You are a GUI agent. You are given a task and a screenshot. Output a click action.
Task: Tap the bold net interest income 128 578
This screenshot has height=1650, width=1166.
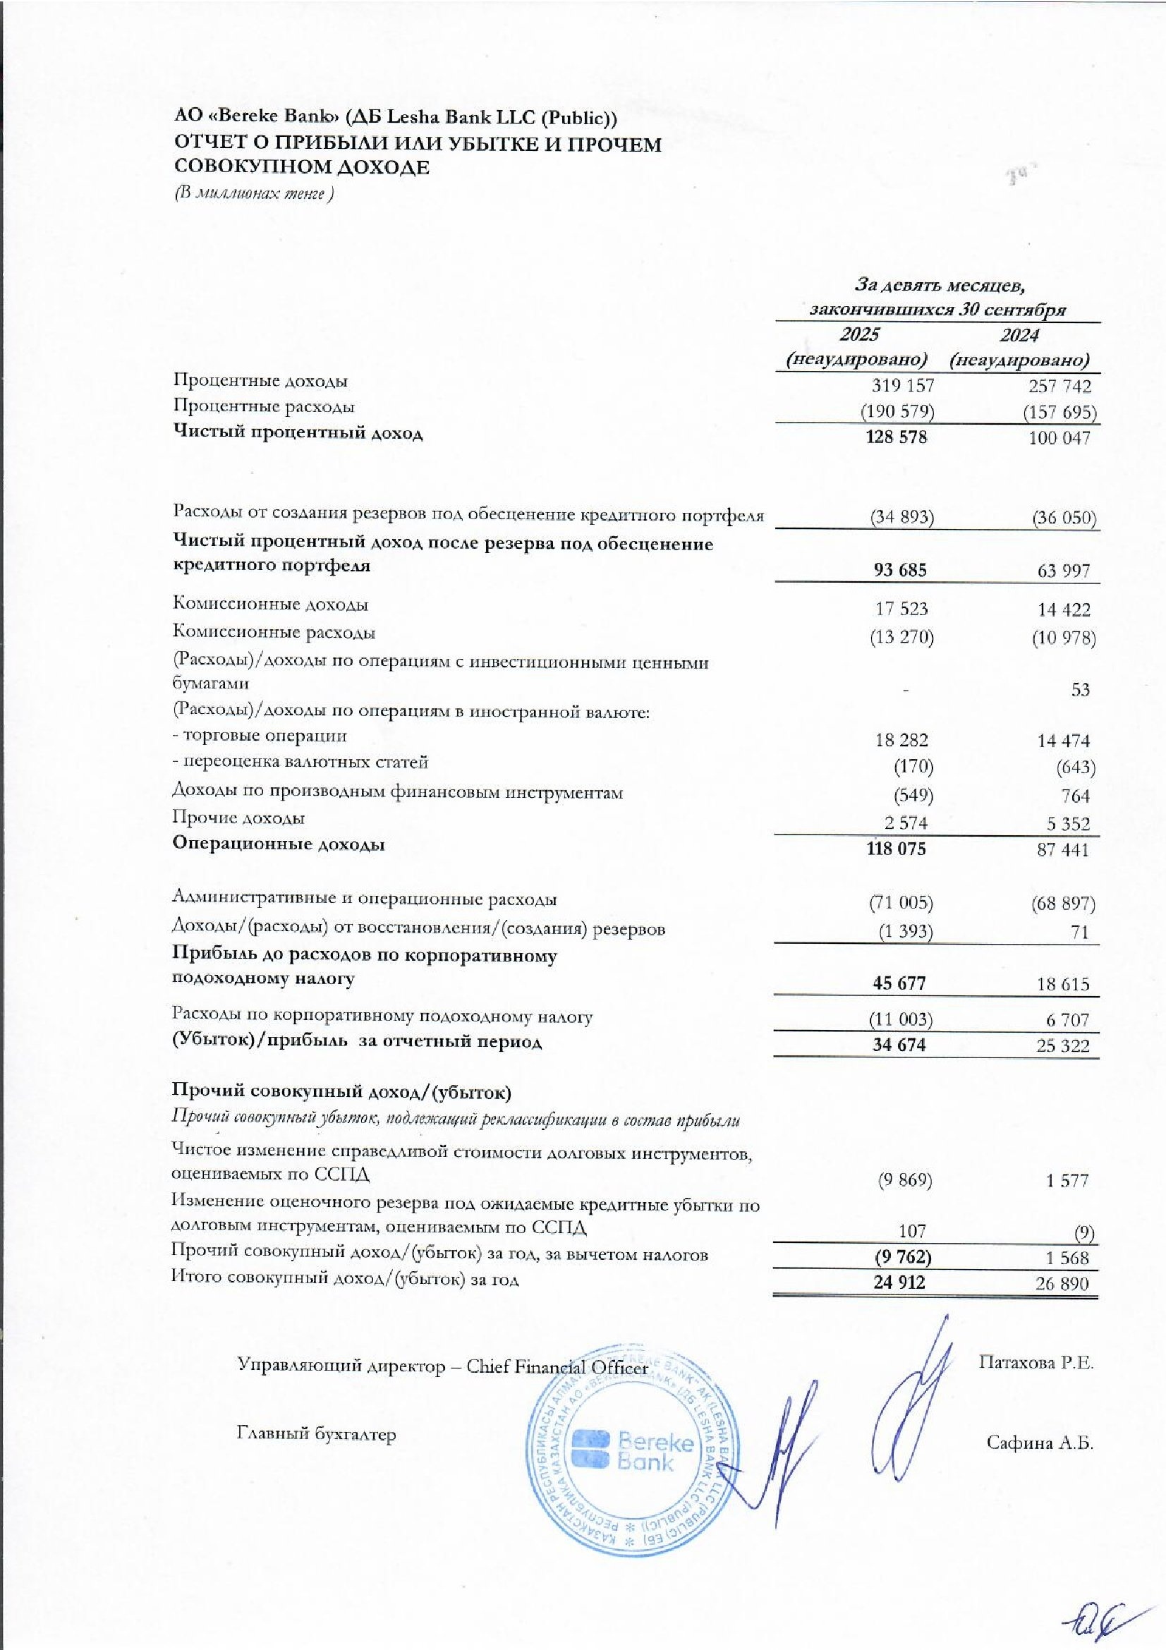click(x=898, y=437)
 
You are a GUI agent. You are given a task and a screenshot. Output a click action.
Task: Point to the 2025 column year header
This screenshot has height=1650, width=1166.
click(x=859, y=334)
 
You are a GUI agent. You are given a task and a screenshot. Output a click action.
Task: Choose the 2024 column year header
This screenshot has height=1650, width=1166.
click(x=1019, y=335)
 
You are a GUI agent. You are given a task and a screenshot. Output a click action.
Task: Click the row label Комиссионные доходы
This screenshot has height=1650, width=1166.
click(x=271, y=605)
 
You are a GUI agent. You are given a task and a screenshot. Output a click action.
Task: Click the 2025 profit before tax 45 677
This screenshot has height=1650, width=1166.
click(x=899, y=983)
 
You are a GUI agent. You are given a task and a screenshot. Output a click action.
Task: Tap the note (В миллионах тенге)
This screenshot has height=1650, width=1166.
click(x=254, y=194)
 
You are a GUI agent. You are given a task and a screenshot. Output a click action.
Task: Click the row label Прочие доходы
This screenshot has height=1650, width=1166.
click(x=238, y=818)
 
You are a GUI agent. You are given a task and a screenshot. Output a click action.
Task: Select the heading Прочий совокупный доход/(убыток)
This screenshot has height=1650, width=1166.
click(x=343, y=1093)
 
